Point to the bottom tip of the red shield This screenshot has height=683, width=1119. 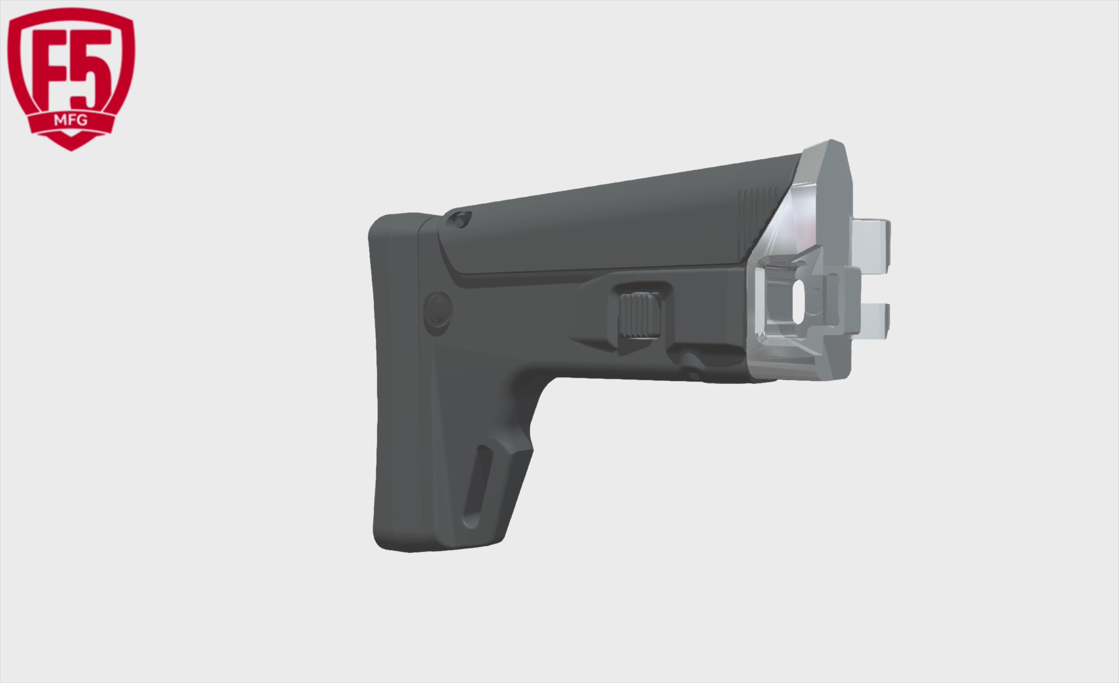[71, 150]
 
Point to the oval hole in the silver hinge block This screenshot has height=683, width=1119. [798, 302]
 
